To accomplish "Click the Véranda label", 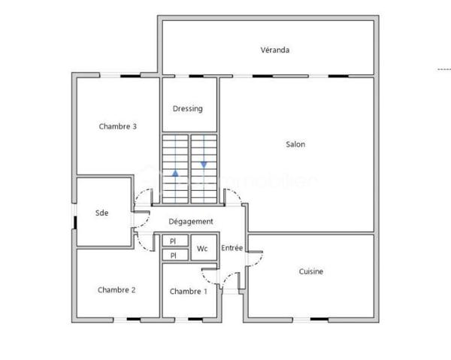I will click(275, 50).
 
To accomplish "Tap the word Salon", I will click(295, 144).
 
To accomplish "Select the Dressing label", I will click(187, 109).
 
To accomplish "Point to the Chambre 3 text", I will click(117, 126).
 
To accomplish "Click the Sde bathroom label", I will click(102, 213).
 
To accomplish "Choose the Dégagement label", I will click(190, 222).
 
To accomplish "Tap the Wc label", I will click(202, 248).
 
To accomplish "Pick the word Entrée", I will click(232, 247).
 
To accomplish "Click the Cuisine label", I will click(311, 271).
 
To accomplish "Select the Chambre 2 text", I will click(117, 290).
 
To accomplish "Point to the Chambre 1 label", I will click(187, 291).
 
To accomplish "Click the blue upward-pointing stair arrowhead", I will click(175, 174).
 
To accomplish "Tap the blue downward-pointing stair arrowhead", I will click(204, 165).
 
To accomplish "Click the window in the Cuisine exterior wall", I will click(319, 319).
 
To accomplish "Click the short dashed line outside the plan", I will click(443, 70).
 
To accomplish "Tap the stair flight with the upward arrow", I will click(175, 169).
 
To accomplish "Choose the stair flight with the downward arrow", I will click(204, 169).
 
